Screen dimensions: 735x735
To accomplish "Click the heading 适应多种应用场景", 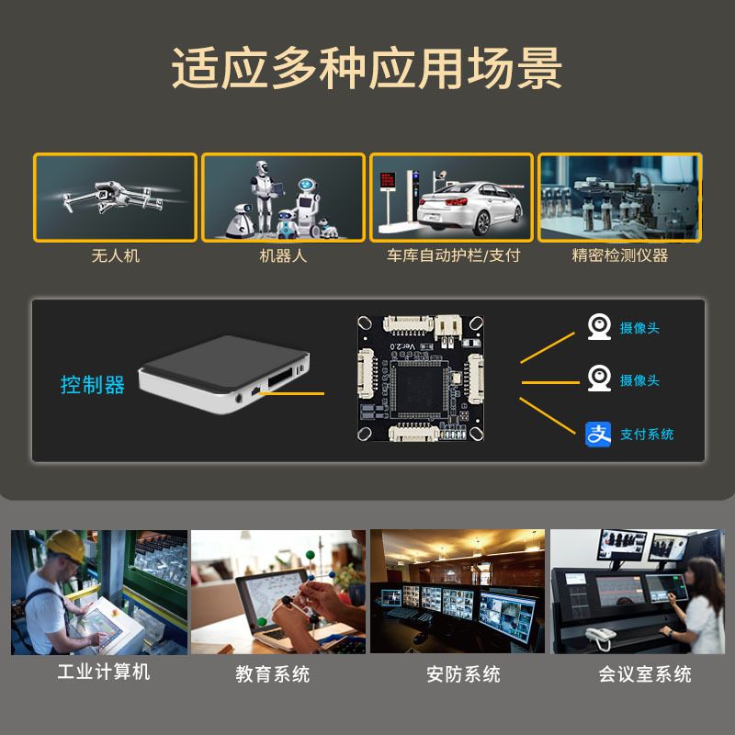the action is [367, 68].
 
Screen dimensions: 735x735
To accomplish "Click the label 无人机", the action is [116, 256].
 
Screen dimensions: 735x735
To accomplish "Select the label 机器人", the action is [283, 256].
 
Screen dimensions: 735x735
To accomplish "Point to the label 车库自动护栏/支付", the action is [453, 255].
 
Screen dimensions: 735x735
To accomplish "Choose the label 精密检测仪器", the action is [619, 255].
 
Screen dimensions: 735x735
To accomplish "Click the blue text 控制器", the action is [93, 385].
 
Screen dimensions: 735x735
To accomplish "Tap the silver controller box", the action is [224, 374].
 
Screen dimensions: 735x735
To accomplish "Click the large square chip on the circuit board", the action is [418, 390].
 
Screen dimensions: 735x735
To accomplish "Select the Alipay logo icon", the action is [598, 435].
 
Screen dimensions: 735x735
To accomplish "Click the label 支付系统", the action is [647, 435].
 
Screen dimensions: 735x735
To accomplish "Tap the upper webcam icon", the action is [599, 326].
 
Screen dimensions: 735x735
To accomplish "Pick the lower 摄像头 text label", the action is [639, 380].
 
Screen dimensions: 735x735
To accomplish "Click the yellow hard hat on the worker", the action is [66, 545].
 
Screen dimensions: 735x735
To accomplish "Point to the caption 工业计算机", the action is [104, 672].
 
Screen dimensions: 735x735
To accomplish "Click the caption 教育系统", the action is [272, 674].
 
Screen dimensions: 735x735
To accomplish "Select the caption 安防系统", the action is [463, 674].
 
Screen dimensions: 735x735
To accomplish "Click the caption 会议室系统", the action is [645, 674].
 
